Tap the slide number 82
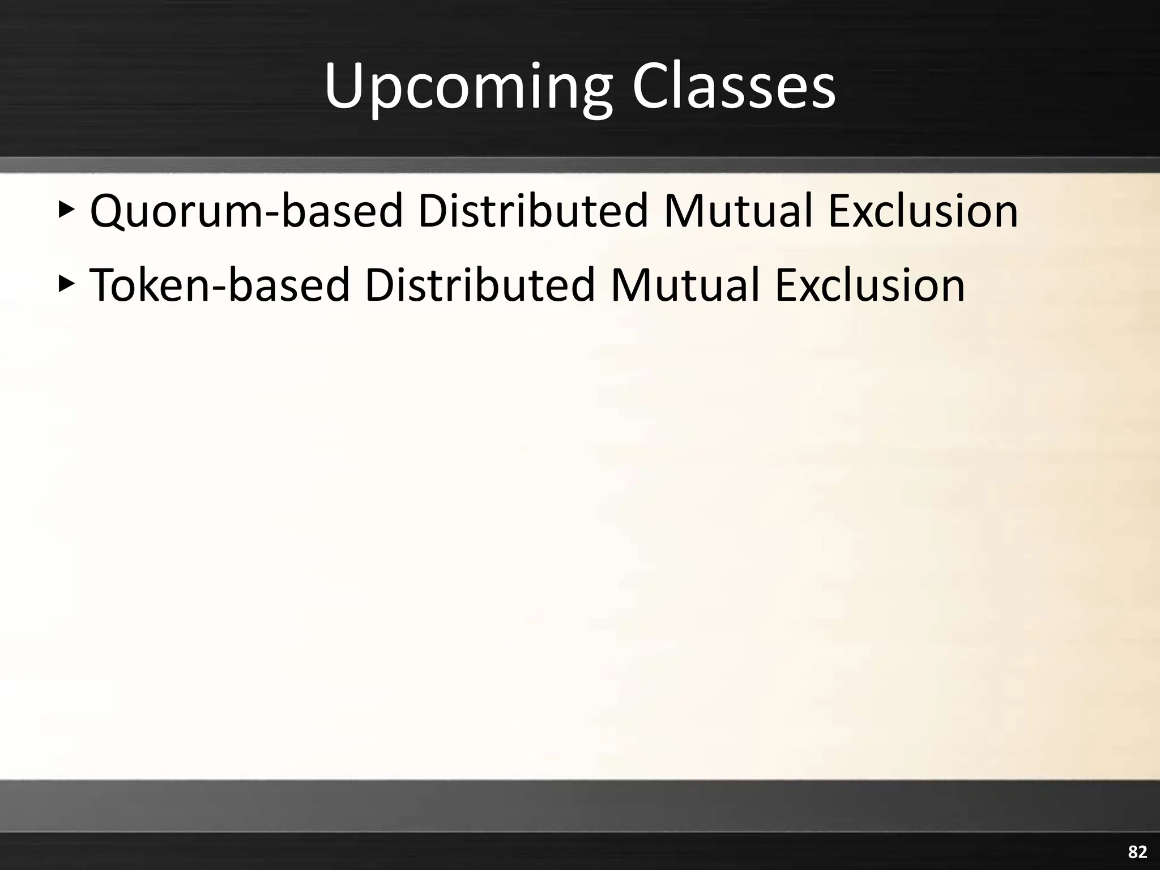point(1137,852)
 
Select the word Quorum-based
point(246,211)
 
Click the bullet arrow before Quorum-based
point(66,210)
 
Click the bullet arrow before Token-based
point(66,284)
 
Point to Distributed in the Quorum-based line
point(532,211)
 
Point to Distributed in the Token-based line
point(479,285)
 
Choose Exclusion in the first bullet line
point(923,211)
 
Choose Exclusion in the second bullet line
point(870,285)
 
